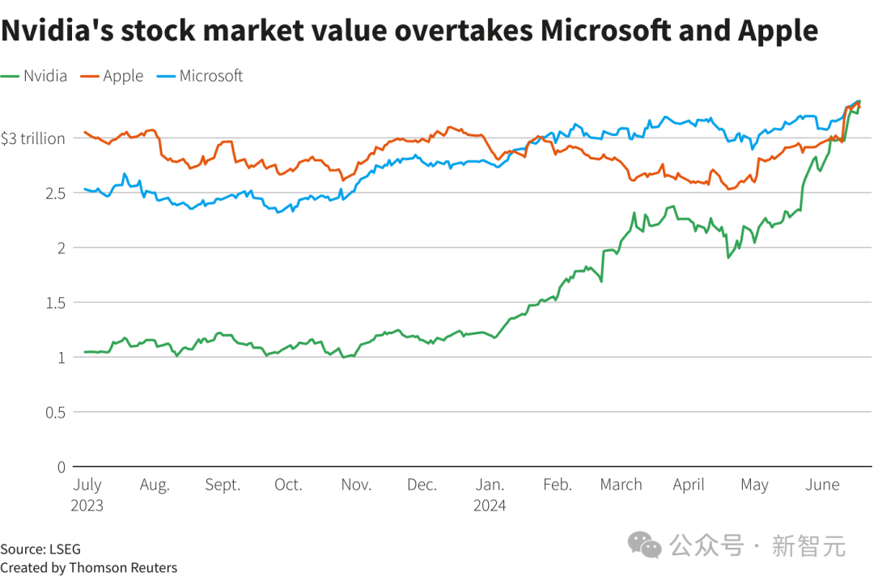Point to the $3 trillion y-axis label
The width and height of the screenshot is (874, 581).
[32, 138]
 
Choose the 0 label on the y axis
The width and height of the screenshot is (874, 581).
[61, 466]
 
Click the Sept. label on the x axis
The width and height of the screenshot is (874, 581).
[223, 485]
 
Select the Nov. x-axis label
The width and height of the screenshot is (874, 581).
[356, 485]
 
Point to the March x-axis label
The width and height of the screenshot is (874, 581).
[621, 485]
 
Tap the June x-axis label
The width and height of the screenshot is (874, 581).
[822, 485]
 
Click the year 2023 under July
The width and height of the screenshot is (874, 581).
[88, 506]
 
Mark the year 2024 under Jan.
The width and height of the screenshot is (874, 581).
[490, 506]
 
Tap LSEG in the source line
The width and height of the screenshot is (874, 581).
[65, 549]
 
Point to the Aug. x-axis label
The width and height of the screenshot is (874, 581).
[155, 485]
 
